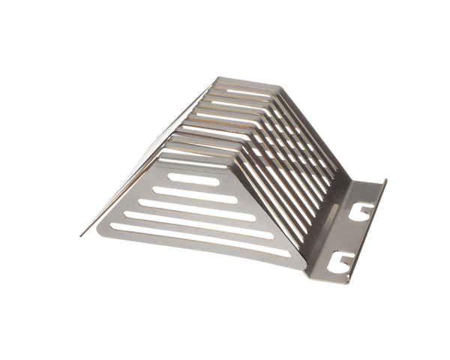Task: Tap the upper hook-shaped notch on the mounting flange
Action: pos(361,211)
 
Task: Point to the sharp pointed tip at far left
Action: pos(81,235)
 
